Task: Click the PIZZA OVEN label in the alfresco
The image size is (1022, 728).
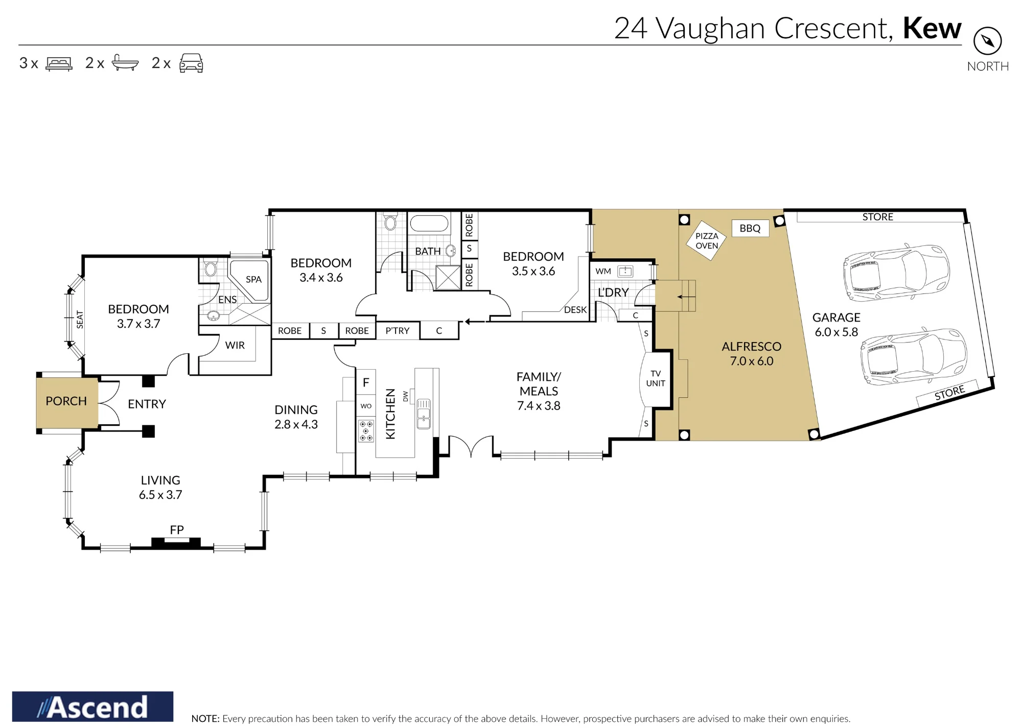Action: click(707, 241)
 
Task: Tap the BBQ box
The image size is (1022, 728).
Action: click(750, 229)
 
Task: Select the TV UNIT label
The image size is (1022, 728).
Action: click(656, 378)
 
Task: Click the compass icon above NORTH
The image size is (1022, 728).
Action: click(987, 41)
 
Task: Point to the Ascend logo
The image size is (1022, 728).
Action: click(92, 707)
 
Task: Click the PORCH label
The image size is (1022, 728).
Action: click(66, 401)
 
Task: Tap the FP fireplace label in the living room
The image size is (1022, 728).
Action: click(177, 530)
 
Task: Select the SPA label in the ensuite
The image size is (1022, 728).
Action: click(253, 279)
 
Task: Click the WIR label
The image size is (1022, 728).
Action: click(235, 345)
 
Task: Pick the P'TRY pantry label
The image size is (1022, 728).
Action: click(398, 331)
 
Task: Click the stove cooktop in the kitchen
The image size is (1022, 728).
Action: click(366, 430)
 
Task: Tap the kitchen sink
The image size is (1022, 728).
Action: click(424, 414)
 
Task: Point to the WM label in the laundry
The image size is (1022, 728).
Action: click(603, 271)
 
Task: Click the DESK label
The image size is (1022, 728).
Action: click(575, 310)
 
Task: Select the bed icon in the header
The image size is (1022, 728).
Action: click(59, 64)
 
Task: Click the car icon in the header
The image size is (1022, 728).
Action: click(191, 63)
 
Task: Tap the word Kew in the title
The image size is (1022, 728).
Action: click(932, 28)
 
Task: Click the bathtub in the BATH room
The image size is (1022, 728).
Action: click(429, 223)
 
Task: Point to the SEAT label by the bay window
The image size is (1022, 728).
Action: click(80, 320)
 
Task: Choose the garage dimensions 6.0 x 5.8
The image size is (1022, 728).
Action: click(837, 332)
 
